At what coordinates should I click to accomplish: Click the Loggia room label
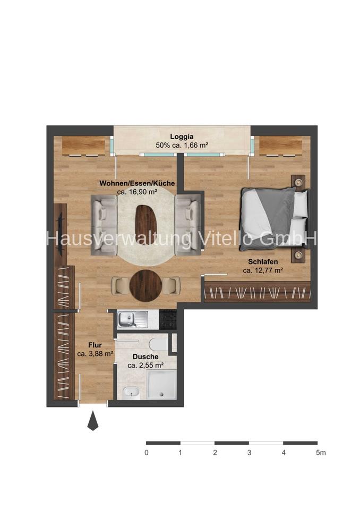tap(182, 137)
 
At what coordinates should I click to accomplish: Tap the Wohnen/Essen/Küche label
tap(137, 183)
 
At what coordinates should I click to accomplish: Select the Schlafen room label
tap(263, 261)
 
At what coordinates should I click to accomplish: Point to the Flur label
tap(95, 345)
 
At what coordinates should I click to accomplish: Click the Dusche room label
tap(145, 357)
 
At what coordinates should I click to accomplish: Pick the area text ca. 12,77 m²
tap(263, 270)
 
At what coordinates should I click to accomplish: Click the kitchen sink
tap(133, 319)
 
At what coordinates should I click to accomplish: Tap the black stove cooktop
tap(168, 319)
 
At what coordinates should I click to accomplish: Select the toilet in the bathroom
tap(159, 344)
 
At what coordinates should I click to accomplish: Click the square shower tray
tap(161, 384)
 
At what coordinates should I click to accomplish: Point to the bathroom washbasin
tap(131, 393)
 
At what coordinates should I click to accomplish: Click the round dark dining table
tap(145, 286)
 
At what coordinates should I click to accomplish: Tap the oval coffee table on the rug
tap(145, 222)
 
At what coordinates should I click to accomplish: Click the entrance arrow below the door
tap(93, 421)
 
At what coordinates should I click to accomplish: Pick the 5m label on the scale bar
tap(321, 453)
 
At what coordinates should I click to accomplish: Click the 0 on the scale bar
tap(147, 453)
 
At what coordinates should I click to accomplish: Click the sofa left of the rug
tap(104, 225)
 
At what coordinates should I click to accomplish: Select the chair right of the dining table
tap(171, 286)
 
